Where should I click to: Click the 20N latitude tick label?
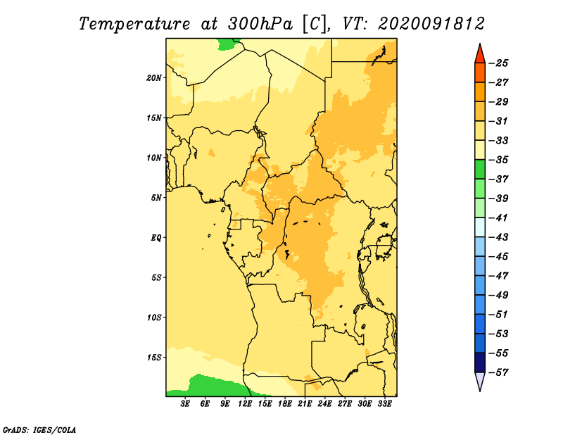pos(154,78)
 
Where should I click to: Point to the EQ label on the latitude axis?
pos(156,238)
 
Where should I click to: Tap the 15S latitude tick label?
pos(154,358)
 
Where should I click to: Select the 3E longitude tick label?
pos(185,403)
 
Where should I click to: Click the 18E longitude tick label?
pos(285,403)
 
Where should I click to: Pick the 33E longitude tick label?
pos(384,403)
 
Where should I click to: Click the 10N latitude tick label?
pos(154,158)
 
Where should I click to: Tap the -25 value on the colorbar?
pos(498,63)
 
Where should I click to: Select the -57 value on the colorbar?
pos(498,372)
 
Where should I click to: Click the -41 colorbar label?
pos(498,217)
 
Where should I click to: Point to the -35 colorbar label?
pos(498,160)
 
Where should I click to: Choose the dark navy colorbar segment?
pos(480,362)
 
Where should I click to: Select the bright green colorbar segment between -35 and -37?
pos(480,170)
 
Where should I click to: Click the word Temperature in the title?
pos(134,24)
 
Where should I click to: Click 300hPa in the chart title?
pos(260,24)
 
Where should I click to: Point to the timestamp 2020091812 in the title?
pos(431,24)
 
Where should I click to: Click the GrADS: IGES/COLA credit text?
pos(39,430)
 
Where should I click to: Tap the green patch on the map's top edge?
pos(228,44)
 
